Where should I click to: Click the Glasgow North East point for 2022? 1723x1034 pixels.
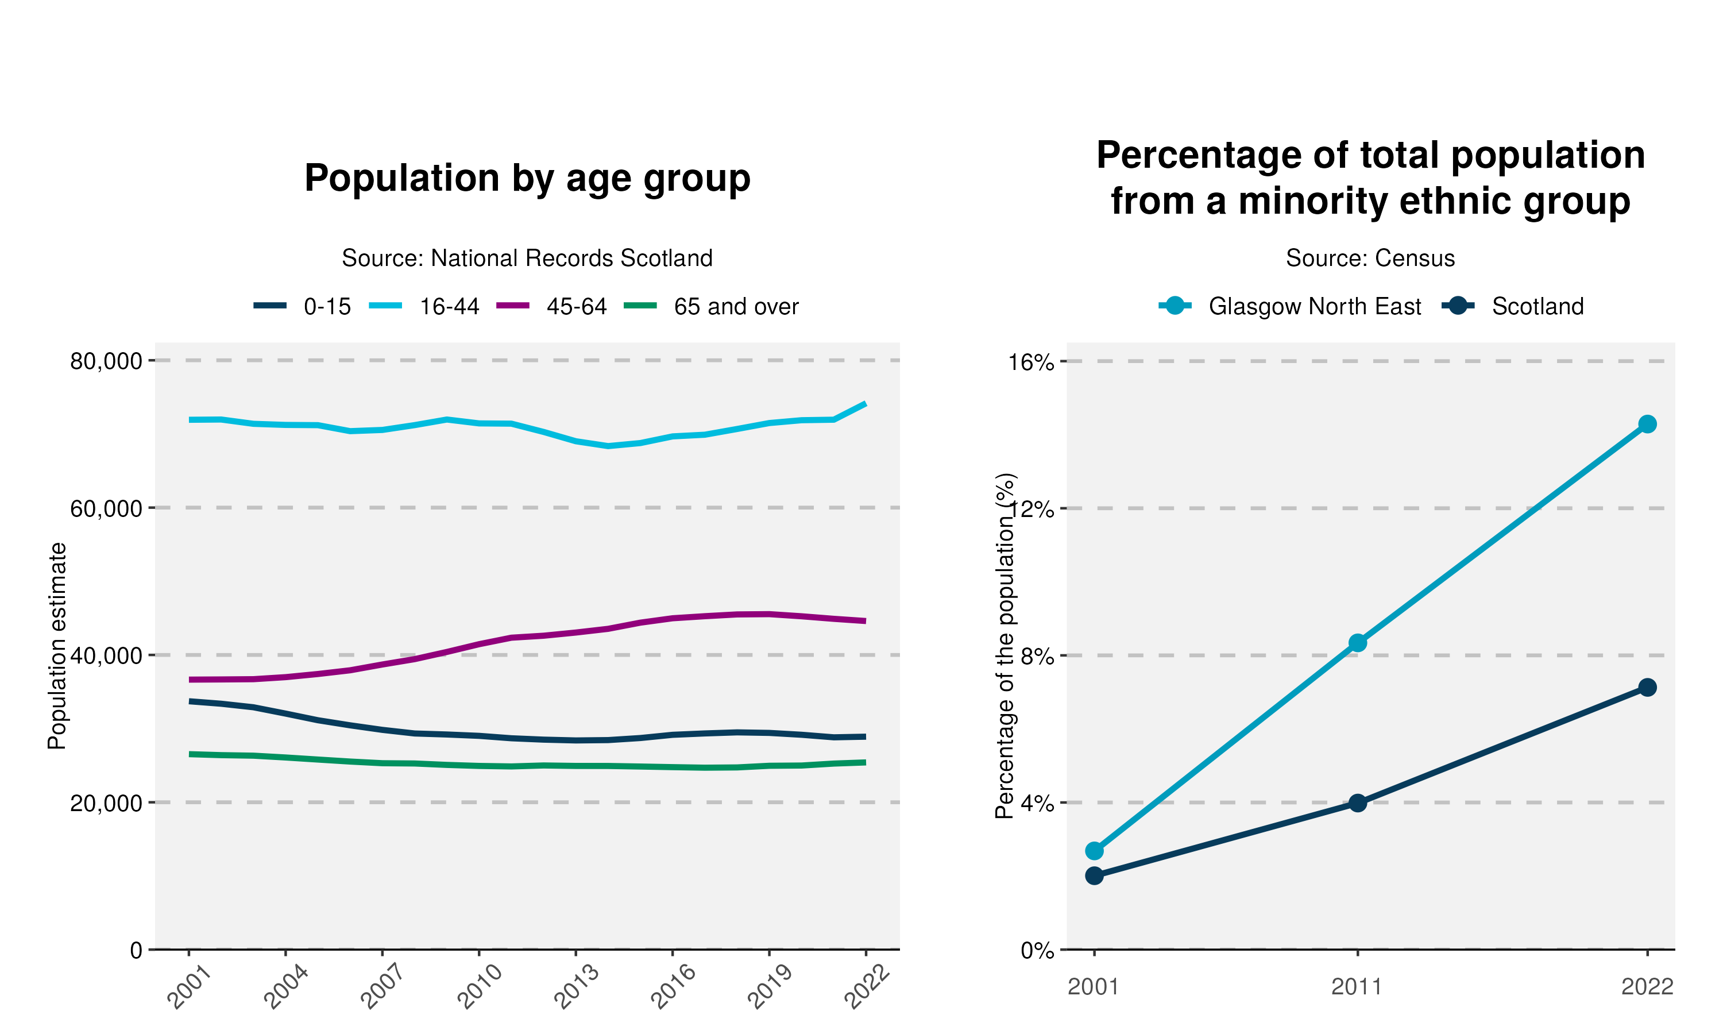click(x=1647, y=425)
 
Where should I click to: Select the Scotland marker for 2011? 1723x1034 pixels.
click(x=1357, y=804)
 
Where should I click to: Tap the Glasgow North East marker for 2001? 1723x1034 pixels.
click(x=1094, y=851)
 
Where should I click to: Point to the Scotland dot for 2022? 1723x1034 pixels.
click(x=1647, y=688)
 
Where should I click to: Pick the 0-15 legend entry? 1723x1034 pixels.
click(x=302, y=307)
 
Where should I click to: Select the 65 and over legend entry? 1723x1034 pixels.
click(x=711, y=307)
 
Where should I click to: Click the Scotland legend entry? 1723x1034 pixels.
click(x=1513, y=307)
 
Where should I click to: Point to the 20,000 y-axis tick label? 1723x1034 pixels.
click(x=106, y=802)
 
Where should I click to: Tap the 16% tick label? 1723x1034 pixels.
click(x=1032, y=362)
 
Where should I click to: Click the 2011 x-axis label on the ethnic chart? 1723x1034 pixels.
click(x=1357, y=987)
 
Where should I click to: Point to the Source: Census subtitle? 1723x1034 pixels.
click(x=1370, y=258)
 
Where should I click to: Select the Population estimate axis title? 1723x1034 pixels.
click(x=57, y=646)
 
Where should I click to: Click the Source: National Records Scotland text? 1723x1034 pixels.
click(x=527, y=258)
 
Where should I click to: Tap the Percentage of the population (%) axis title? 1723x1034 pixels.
click(x=1005, y=646)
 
